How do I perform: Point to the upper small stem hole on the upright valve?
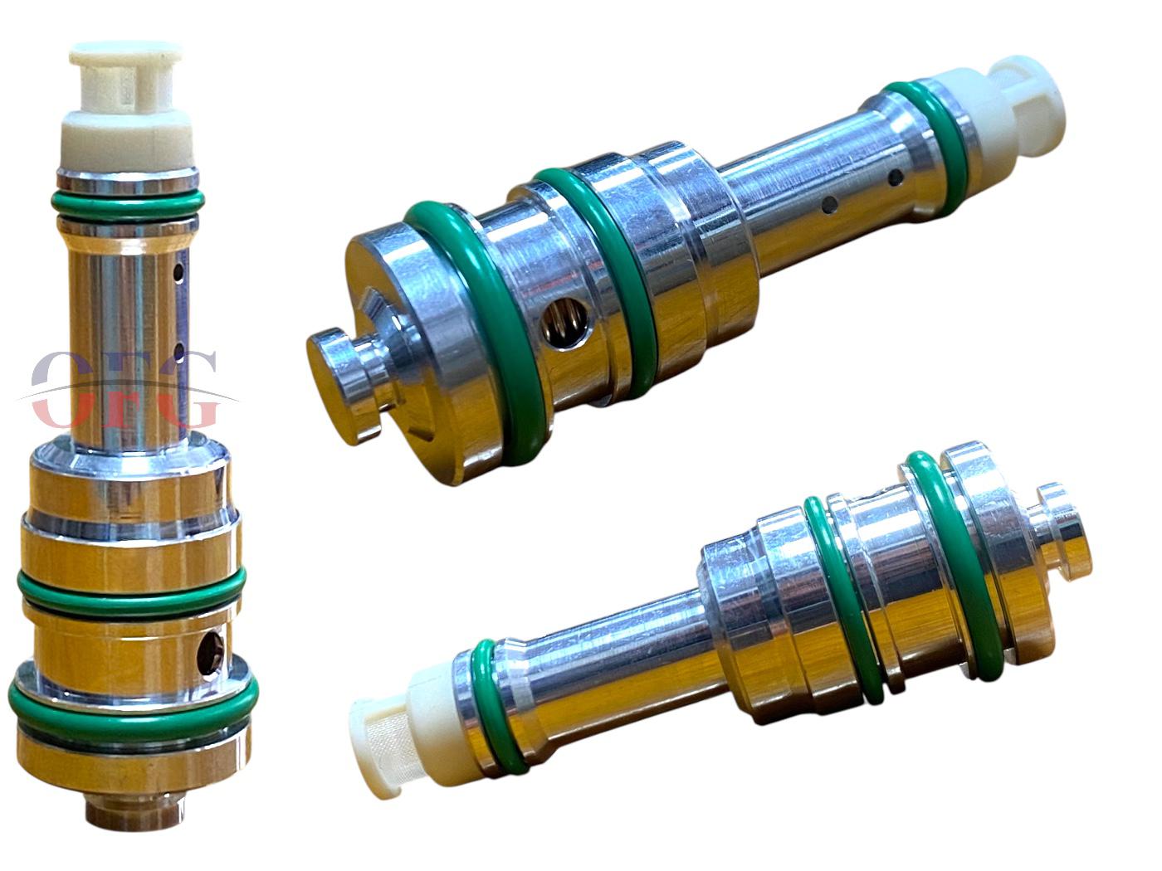(x=179, y=273)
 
